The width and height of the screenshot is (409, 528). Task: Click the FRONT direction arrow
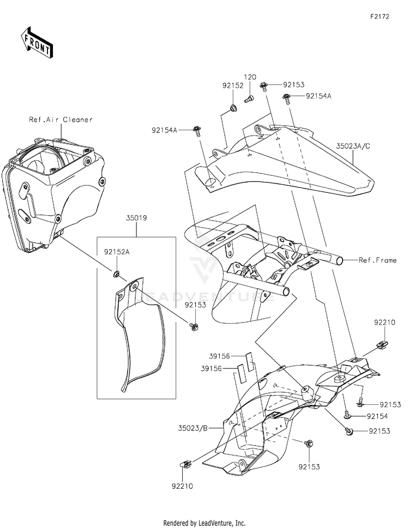pos(37,42)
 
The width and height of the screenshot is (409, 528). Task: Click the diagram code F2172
pos(380,16)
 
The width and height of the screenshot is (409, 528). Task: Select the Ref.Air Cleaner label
pos(61,119)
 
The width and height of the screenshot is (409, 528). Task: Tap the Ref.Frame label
pos(377,260)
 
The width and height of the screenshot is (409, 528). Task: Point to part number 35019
pos(136,218)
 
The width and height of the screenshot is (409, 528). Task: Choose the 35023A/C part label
pos(353,146)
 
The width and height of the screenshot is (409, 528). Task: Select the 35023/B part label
pos(193,428)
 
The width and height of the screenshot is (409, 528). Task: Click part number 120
pos(250,77)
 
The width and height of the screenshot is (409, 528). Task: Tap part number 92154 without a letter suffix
pos(377,416)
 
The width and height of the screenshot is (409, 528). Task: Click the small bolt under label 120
pos(249,99)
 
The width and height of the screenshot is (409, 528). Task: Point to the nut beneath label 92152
pos(232,108)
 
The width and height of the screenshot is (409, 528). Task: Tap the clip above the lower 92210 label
pos(185,465)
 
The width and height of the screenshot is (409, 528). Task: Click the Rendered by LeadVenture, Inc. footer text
pos(204,523)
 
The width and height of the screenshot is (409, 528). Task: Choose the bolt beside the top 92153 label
pos(264,86)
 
